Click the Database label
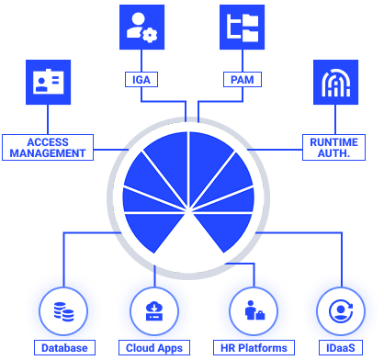coord(64,349)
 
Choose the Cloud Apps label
coord(154,349)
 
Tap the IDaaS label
coord(334,349)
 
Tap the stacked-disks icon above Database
coord(64,310)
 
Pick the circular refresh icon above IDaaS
coord(334,310)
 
